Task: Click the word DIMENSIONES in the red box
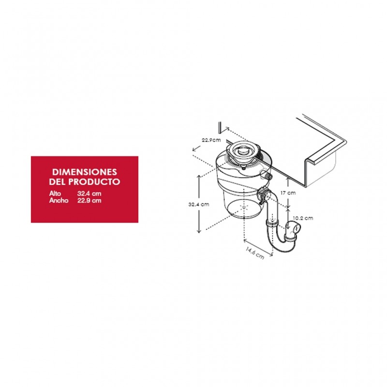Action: coord(84,172)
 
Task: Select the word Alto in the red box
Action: coord(55,193)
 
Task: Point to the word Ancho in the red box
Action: coord(59,200)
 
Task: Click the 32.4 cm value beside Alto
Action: coord(89,193)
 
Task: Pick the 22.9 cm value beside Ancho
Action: coord(89,200)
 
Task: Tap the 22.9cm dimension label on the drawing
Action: coord(211,140)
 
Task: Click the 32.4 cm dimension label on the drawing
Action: coord(199,204)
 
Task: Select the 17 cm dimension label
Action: coord(288,193)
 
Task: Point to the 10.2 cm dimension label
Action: coord(303,218)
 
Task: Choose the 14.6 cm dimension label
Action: coord(255,253)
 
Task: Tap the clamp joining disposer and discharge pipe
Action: coord(263,194)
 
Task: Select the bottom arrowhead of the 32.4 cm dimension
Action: coord(199,231)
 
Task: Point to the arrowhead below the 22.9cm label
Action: coord(194,149)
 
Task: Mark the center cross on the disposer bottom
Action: coord(244,208)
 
